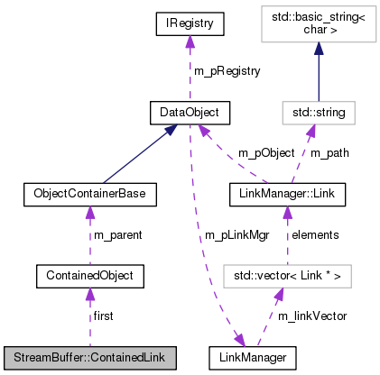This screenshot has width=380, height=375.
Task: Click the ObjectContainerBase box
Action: tap(88, 193)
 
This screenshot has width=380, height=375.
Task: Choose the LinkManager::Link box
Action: tap(286, 193)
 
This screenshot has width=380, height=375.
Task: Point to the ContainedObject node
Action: tap(88, 273)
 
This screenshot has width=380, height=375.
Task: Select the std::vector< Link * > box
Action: tap(286, 273)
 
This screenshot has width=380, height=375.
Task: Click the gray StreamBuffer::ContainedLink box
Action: tap(88, 358)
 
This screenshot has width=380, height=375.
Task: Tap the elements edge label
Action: tap(314, 233)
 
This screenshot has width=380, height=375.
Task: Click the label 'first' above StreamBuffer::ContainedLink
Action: tap(103, 316)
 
